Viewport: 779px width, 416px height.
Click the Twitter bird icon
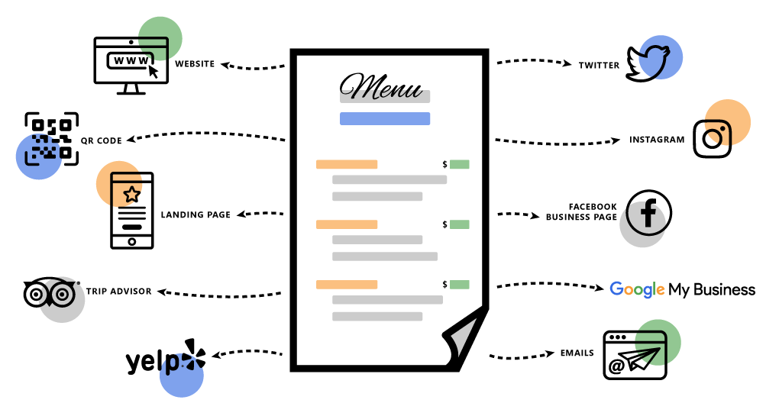pyautogui.click(x=648, y=63)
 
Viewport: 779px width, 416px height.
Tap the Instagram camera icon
pyautogui.click(x=712, y=138)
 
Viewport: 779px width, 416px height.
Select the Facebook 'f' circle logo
pyautogui.click(x=648, y=212)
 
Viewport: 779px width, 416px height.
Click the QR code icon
pyautogui.click(x=52, y=138)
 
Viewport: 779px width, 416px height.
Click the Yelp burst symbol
pyautogui.click(x=194, y=354)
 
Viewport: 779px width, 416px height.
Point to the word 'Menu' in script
pyautogui.click(x=380, y=86)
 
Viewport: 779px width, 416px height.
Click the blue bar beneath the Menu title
pyautogui.click(x=384, y=118)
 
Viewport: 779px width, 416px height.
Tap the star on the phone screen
pyautogui.click(x=131, y=194)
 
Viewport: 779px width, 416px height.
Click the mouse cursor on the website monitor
pyautogui.click(x=153, y=71)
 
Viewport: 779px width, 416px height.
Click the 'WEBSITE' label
pyautogui.click(x=195, y=63)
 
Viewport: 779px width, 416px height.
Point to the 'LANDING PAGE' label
pyautogui.click(x=196, y=214)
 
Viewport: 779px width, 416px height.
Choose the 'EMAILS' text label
pyautogui.click(x=577, y=353)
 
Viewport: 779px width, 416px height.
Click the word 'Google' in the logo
pyautogui.click(x=637, y=289)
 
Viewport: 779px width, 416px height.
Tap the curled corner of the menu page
pyautogui.click(x=465, y=337)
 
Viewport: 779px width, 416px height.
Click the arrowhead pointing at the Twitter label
pyautogui.click(x=567, y=63)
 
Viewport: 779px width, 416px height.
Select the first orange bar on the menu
pyautogui.click(x=347, y=164)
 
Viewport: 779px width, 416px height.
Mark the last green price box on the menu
pyautogui.click(x=460, y=285)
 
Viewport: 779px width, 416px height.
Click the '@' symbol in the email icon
pyautogui.click(x=616, y=366)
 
